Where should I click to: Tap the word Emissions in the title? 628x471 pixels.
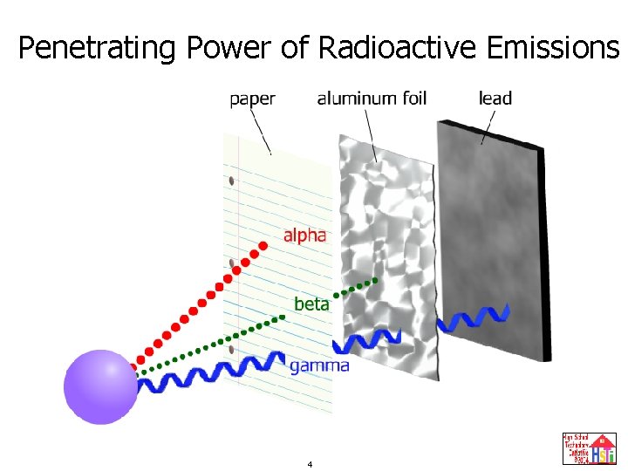553,48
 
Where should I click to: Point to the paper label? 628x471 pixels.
252,99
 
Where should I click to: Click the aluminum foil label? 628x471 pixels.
372,99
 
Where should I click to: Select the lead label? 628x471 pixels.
495,99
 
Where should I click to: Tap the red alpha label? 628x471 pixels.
304,235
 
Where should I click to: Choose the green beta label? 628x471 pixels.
311,304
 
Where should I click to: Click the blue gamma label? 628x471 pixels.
318,366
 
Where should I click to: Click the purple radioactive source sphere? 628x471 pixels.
101,386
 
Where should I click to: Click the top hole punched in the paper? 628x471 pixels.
231,181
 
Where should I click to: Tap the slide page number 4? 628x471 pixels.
310,464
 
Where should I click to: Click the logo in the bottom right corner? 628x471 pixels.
589,448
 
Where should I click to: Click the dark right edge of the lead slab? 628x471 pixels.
547,262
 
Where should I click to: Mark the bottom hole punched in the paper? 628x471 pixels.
231,349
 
